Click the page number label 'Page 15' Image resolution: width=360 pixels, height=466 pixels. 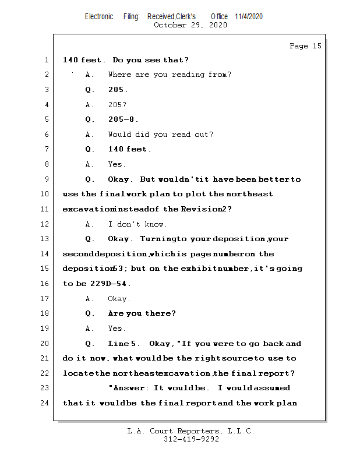click(305, 46)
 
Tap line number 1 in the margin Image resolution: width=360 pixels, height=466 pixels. click(46, 60)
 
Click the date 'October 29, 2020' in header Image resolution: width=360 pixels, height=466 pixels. click(190, 25)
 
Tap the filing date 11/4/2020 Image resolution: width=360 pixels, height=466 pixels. click(249, 16)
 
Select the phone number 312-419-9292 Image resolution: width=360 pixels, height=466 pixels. click(191, 440)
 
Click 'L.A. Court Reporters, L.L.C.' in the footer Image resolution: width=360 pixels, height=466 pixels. click(191, 431)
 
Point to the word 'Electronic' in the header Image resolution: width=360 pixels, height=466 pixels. click(99, 16)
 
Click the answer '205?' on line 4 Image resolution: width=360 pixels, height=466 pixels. click(117, 105)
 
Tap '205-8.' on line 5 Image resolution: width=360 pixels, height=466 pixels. click(123, 119)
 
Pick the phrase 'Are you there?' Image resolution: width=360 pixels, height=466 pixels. click(142, 313)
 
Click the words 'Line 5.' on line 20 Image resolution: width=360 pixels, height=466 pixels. click(124, 344)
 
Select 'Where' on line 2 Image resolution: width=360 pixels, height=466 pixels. click(119, 75)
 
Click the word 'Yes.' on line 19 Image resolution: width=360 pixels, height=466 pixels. click(117, 329)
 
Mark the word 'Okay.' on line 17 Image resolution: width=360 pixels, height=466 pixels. click(119, 299)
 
